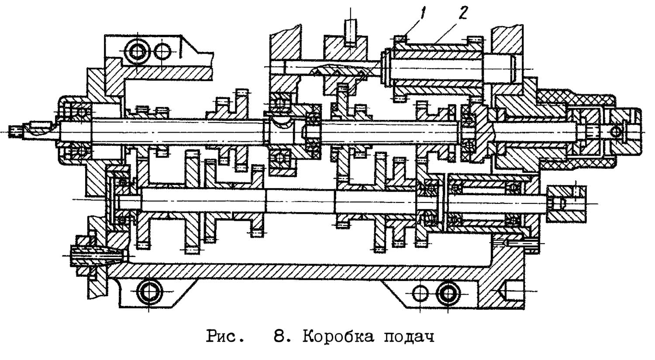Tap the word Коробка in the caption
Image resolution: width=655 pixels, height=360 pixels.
[x=338, y=337]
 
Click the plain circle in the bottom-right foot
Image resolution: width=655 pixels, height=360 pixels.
[x=420, y=293]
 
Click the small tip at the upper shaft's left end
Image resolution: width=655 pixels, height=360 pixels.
[x=14, y=131]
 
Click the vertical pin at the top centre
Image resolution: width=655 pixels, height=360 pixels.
[x=350, y=32]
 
